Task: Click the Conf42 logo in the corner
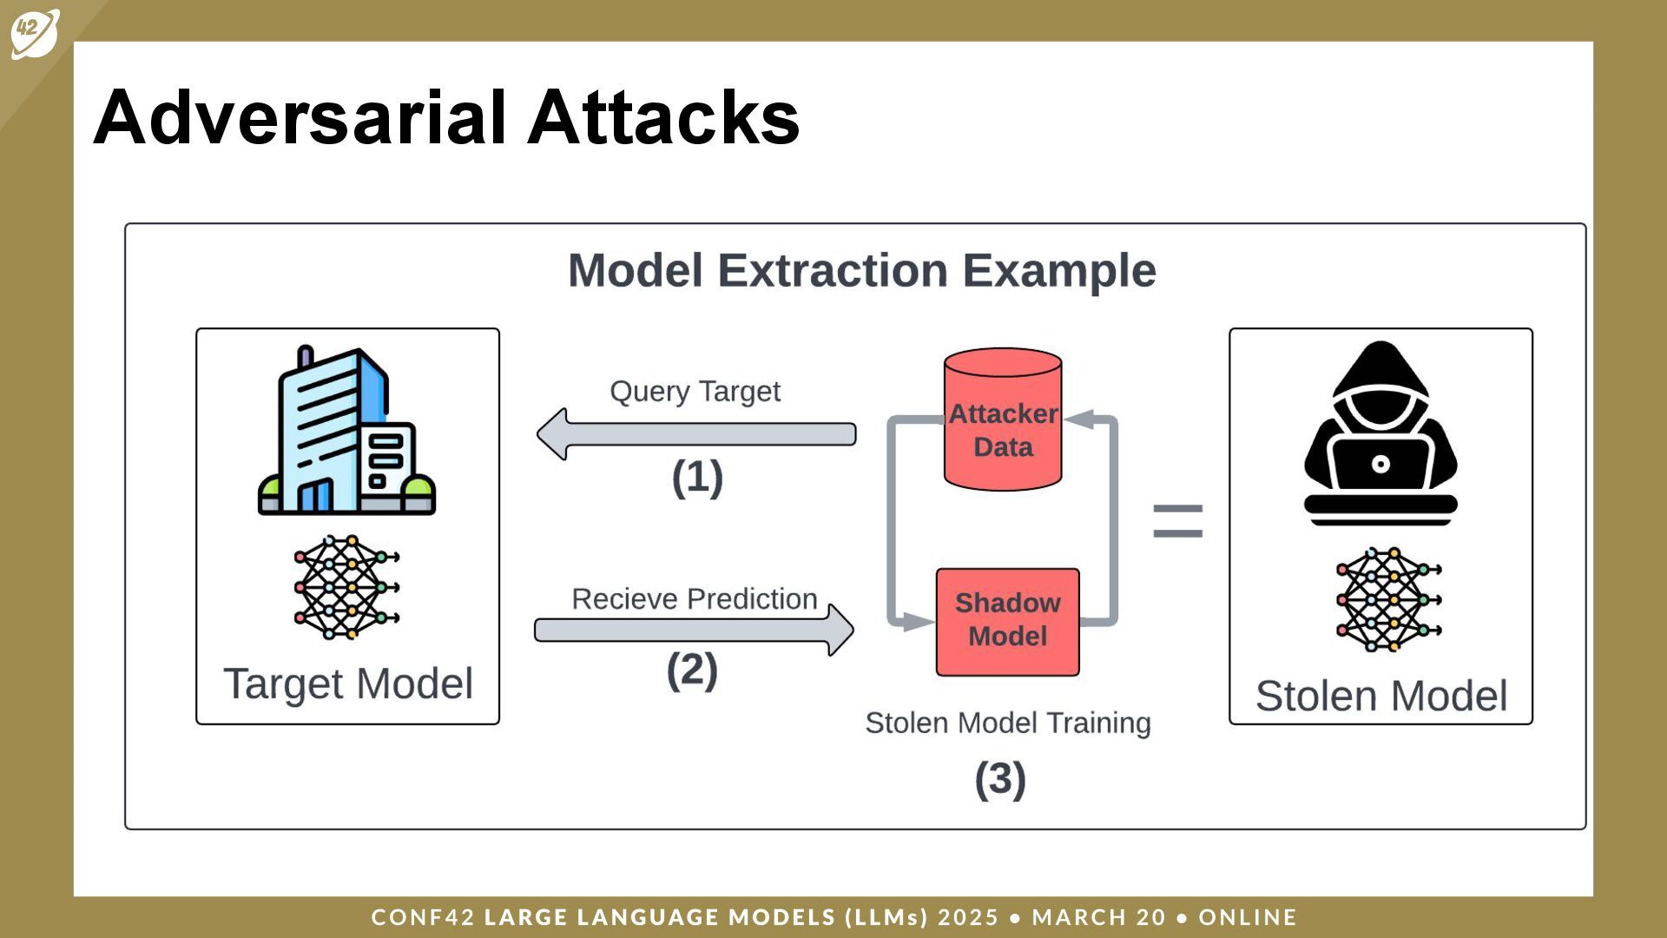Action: click(35, 33)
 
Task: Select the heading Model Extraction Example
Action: click(861, 270)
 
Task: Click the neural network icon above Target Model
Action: click(346, 587)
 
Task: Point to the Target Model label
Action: click(348, 684)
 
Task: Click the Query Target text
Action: click(695, 392)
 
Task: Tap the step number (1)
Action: click(697, 478)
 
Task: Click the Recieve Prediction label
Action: click(695, 599)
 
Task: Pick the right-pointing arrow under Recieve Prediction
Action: click(695, 630)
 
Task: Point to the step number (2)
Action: click(692, 670)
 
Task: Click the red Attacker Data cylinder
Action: click(1003, 420)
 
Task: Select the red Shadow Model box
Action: click(1007, 621)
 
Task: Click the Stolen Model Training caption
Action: click(1008, 723)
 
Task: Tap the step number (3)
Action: click(1000, 779)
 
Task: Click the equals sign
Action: click(1177, 522)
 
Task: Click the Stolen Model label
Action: click(1381, 697)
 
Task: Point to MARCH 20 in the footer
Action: click(1099, 917)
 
